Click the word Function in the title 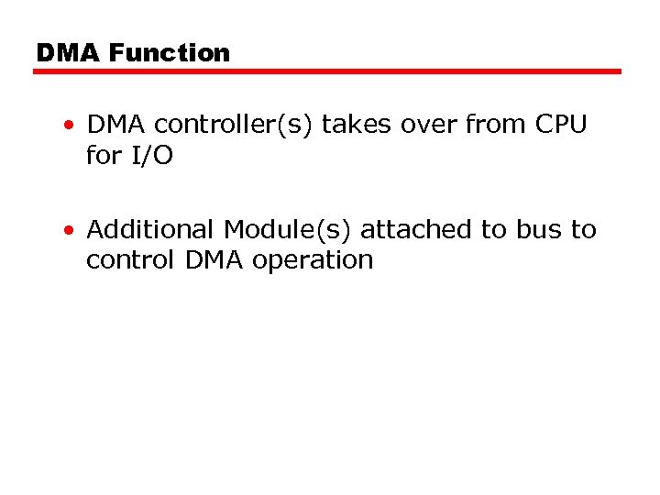coord(169,53)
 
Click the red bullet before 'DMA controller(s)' coord(71,126)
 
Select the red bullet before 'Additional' coord(71,230)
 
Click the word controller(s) coord(234,125)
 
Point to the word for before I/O coord(104,156)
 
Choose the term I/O coord(150,156)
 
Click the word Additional coord(151,229)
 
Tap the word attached coord(416,229)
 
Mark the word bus coord(539,229)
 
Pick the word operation coord(313,261)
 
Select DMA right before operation coord(214,260)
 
